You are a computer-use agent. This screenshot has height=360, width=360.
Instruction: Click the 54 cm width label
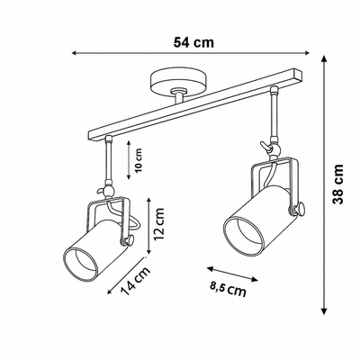193,42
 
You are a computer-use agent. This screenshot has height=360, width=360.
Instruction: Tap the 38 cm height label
338,184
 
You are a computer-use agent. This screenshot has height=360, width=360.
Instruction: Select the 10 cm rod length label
139,160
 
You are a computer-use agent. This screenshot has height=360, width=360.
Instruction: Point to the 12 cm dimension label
159,223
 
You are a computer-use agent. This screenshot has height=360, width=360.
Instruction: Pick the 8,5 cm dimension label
228,290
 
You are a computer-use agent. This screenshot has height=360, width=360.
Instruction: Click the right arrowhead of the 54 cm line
306,53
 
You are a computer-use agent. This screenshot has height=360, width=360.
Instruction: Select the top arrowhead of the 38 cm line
324,59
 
